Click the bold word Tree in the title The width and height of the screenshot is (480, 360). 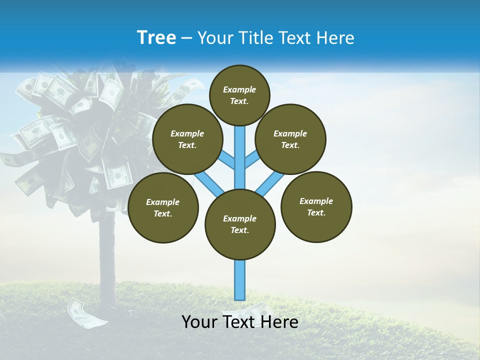coord(156,38)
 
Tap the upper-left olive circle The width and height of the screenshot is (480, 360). coord(187,139)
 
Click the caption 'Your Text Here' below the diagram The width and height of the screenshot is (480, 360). coord(240,322)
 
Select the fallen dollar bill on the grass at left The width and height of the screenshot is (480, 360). coord(88,313)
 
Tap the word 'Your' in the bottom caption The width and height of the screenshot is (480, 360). coord(199,322)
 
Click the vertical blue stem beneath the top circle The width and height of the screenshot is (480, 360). coord(240,150)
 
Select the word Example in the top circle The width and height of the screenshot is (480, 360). coord(239,90)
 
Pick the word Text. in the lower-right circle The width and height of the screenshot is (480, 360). coord(316,212)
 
